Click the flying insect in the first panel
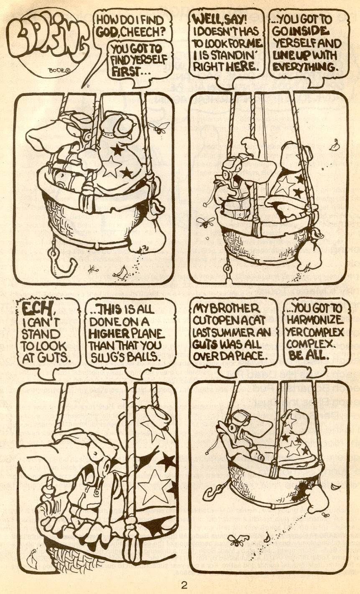pos(161,126)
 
